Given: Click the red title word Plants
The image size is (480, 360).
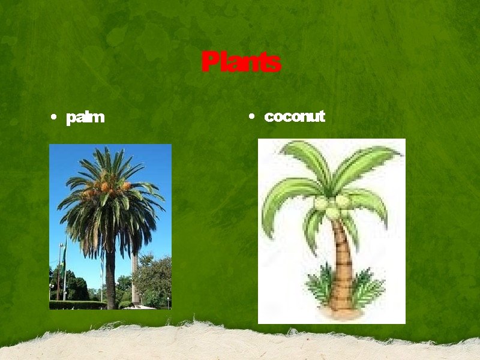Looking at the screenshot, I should pyautogui.click(x=241, y=62).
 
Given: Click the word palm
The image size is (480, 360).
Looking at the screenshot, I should pyautogui.click(x=85, y=117).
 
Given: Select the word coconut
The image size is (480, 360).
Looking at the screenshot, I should pyautogui.click(x=294, y=116).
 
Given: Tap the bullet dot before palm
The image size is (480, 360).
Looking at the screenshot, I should pyautogui.click(x=55, y=118).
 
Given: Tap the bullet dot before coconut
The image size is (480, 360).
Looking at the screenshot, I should pyautogui.click(x=253, y=116).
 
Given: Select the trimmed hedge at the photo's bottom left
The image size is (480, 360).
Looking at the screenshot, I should pyautogui.click(x=75, y=305).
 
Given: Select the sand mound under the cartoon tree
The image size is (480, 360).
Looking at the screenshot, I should pyautogui.click(x=342, y=311).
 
